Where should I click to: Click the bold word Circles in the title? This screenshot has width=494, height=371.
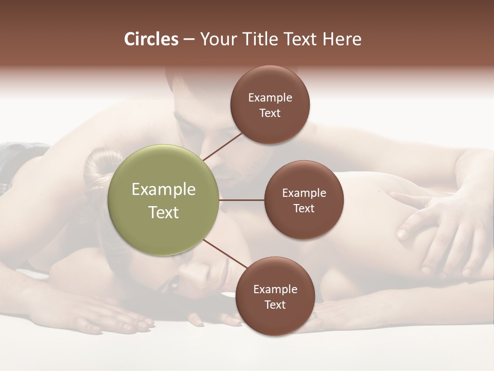coord(151,39)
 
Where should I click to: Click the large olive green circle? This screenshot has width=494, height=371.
coord(164,200)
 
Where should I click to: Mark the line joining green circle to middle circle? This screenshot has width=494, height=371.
coord(242,200)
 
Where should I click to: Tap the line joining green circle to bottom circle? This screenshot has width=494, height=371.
coord(225,255)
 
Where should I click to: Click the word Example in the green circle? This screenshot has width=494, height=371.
coord(164,190)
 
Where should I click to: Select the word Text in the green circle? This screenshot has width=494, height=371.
coord(164,212)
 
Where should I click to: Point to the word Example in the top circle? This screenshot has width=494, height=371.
coord(270,97)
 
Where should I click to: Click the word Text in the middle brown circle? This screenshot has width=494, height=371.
coord(304,208)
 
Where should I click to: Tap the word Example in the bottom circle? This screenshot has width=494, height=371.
coord(275,289)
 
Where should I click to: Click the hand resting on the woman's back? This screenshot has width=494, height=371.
coord(437,227)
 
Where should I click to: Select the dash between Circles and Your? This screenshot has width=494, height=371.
coord(188,40)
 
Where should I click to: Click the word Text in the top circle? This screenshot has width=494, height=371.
coord(270,113)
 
